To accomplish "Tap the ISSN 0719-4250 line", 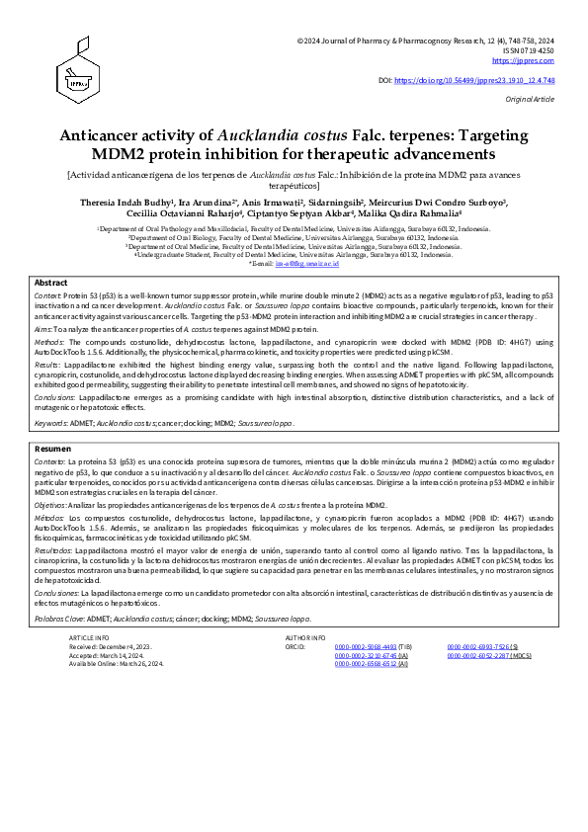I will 532,50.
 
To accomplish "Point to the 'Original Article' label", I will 532,100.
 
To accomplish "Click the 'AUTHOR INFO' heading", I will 304,639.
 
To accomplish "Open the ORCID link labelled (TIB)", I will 363,647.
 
